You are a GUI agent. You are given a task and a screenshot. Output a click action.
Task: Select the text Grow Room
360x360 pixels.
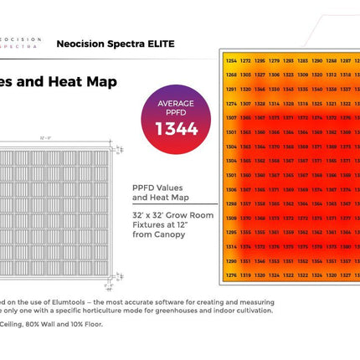coord(193,215)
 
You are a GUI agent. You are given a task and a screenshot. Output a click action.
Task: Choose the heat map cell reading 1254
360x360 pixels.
coord(229,61)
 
